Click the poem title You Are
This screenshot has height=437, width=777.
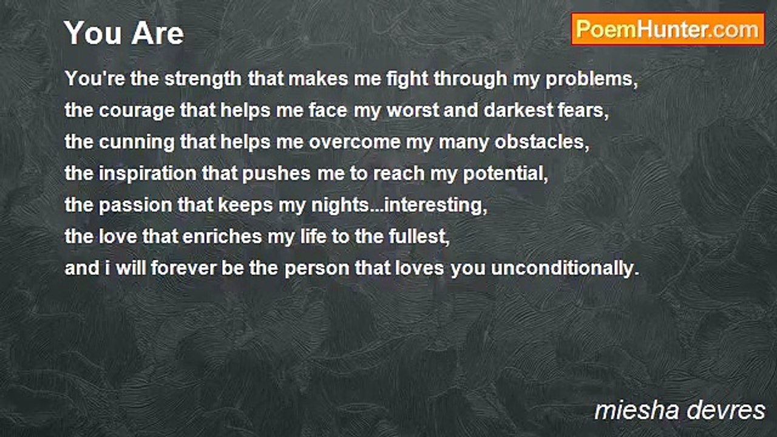(124, 33)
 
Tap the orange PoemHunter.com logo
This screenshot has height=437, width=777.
(668, 30)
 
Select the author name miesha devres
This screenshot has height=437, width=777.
(680, 411)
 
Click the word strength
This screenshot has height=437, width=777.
(203, 79)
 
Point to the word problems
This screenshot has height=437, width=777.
(591, 80)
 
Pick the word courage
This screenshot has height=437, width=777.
(137, 111)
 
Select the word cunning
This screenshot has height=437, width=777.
(137, 143)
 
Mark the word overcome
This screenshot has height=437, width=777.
(355, 143)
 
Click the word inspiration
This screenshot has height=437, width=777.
(148, 174)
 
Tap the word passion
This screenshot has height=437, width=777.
(135, 206)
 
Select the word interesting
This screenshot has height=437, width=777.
(436, 205)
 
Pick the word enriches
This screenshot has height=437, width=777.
(222, 237)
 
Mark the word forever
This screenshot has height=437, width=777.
(183, 268)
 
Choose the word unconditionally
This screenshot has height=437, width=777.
(565, 268)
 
